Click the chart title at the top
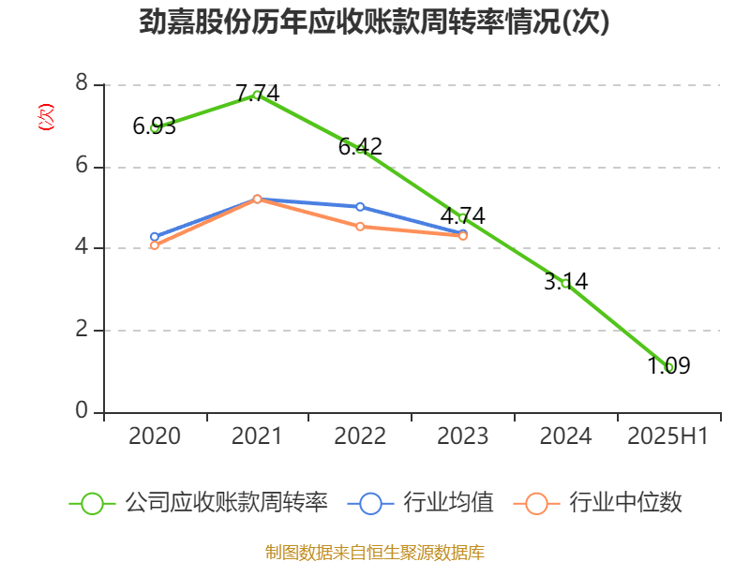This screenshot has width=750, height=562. coord(374,22)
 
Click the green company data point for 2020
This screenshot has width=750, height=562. coord(155,127)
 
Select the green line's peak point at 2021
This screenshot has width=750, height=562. coord(257,94)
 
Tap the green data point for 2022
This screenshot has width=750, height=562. coord(360,150)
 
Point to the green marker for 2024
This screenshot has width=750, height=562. coord(565,283)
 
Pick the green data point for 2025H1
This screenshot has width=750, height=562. coord(668,367)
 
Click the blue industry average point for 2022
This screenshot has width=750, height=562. coord(360,206)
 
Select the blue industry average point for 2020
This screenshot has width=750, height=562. coord(155,237)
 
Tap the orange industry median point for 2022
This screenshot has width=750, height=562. coord(360,227)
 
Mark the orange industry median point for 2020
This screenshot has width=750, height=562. coord(155,245)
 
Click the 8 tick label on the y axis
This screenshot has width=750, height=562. coord(82,84)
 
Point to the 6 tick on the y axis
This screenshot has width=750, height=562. coord(82,166)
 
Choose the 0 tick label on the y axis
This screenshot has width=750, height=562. coord(82,411)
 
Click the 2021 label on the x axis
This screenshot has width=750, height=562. coord(257,436)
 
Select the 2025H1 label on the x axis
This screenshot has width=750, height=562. coord(667,436)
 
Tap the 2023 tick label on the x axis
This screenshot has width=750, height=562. coord(462,436)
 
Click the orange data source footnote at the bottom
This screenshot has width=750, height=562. coord(374,552)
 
